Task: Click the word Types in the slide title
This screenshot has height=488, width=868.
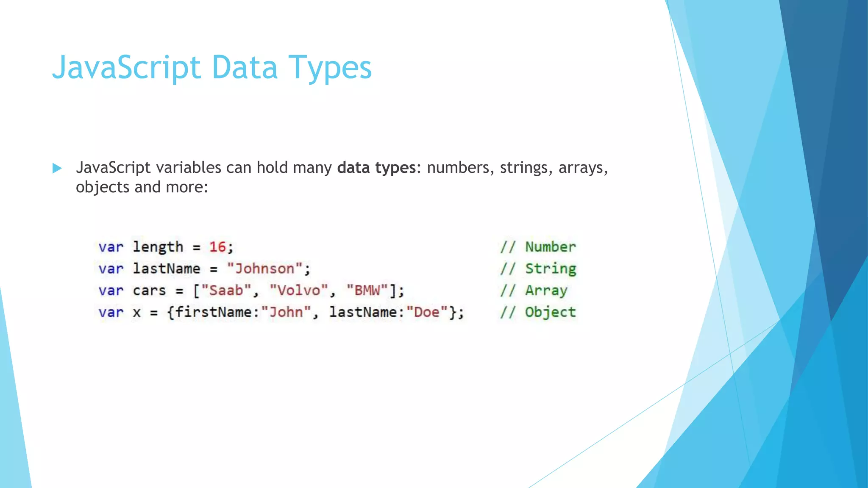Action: pos(330,68)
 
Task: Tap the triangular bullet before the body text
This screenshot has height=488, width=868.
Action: pos(57,168)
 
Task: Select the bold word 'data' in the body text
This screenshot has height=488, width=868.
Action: pos(353,168)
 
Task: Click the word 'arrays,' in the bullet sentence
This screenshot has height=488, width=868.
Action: pos(583,168)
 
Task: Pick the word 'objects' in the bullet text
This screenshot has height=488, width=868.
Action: pos(103,187)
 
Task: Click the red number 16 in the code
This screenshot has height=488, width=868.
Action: pos(217,247)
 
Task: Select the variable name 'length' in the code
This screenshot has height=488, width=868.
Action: pos(158,247)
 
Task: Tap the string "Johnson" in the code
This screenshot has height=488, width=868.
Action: pos(264,269)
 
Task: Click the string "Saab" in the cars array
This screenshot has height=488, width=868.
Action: pos(226,291)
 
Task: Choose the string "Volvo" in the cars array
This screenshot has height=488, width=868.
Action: pos(299,291)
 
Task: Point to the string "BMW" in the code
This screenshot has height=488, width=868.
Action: pos(367,291)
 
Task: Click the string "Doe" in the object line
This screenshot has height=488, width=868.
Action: pos(427,312)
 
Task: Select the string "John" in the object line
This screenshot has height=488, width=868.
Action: pos(286,312)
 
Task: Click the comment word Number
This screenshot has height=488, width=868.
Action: pos(551,247)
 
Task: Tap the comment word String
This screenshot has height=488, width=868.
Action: pos(551,269)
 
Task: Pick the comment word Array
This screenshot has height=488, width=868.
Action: pos(546,291)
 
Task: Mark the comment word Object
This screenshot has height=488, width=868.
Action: pos(551,312)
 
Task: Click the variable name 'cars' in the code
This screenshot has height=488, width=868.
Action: pos(149,291)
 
